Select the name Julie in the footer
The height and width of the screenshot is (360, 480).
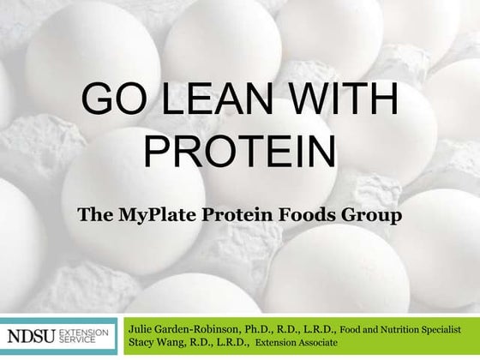(142, 329)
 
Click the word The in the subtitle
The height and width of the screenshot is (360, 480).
(95, 214)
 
